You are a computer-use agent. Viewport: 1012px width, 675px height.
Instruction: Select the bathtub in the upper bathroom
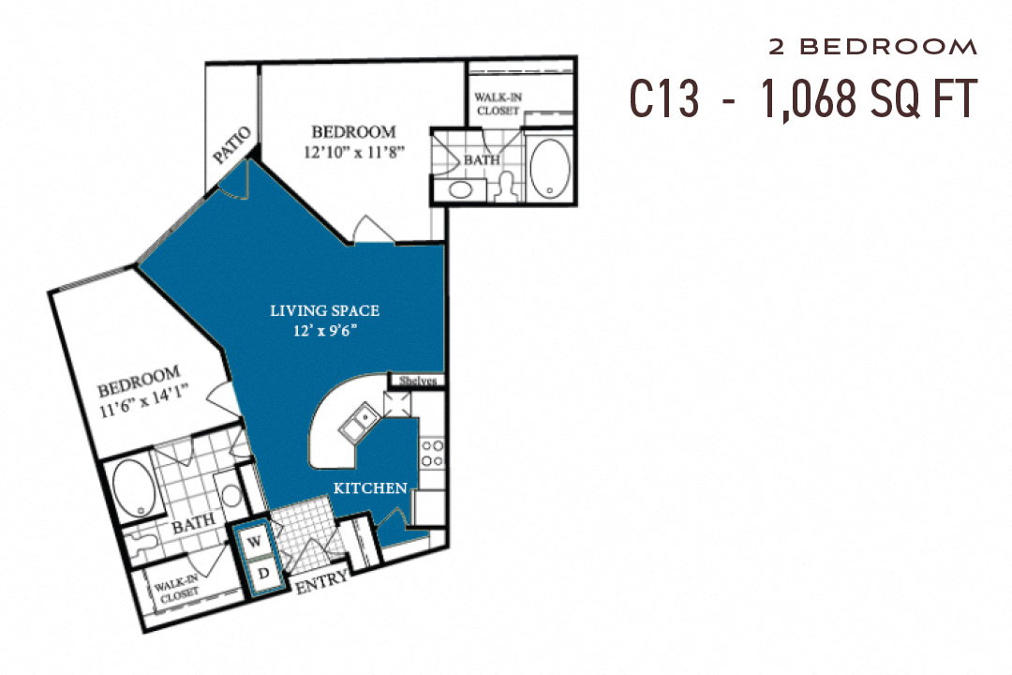tap(549, 168)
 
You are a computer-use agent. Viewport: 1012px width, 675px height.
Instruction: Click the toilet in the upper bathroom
tap(507, 184)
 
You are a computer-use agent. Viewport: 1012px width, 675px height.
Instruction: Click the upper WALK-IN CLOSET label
tap(497, 103)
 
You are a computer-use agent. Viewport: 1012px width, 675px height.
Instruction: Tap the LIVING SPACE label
tap(324, 310)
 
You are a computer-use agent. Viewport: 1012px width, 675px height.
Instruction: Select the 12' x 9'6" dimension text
tap(325, 329)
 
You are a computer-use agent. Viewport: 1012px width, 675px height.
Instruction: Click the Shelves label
tap(417, 381)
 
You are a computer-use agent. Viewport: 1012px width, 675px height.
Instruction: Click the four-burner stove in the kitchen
tap(432, 454)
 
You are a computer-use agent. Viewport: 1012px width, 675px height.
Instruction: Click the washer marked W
tap(254, 541)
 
